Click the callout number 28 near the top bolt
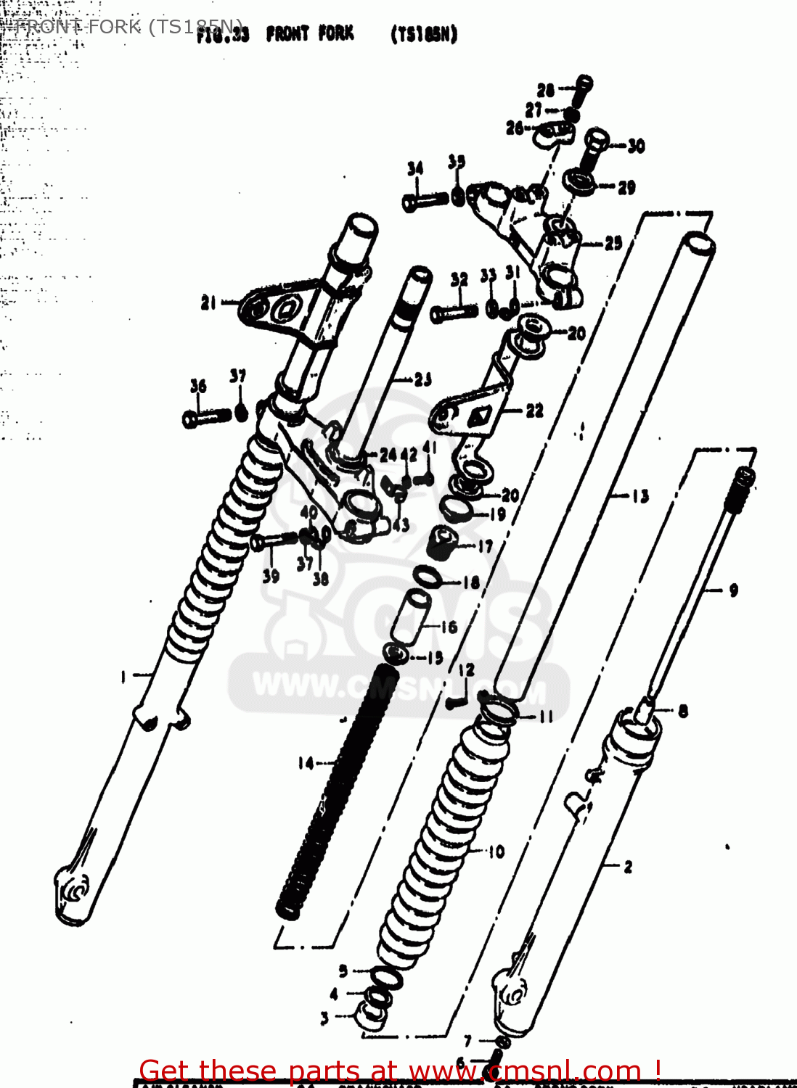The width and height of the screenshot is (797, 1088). pos(545,90)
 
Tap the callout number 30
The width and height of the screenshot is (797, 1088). pos(636,146)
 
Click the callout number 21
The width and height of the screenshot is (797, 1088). pos(209,302)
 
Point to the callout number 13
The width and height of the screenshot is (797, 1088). pos(639,496)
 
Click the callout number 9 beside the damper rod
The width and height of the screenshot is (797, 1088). pos(733,590)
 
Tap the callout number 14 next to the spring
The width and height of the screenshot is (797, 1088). pos(306,763)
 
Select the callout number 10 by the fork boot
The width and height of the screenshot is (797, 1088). pos(496,852)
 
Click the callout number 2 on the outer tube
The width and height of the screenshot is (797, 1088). pos(628,866)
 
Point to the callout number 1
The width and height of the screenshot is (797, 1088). pos(123,677)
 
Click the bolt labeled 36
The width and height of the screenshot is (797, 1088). pos(207,417)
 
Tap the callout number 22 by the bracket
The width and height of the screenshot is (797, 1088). pos(534,411)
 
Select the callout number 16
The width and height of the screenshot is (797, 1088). pos(449,627)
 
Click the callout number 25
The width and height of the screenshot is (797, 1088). pos(613,243)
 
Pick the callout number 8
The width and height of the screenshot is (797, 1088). pos(682,712)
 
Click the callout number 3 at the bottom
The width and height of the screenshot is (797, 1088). pos(324,1018)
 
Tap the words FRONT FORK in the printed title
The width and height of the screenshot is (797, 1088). pos(310,33)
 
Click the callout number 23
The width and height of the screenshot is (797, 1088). pos(423,379)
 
